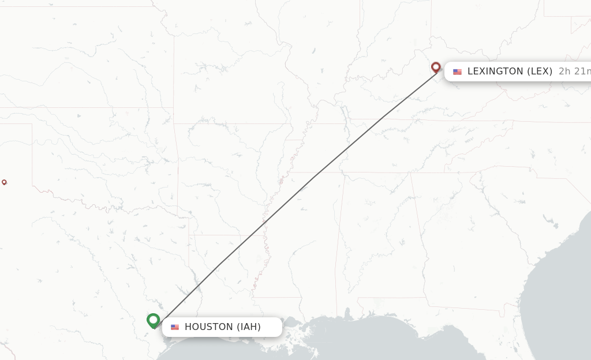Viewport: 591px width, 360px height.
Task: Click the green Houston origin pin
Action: (153, 320)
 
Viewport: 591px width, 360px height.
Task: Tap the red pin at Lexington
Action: (436, 67)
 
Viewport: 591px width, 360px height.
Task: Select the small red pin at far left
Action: (4, 182)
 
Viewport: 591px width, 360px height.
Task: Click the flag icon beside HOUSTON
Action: (175, 327)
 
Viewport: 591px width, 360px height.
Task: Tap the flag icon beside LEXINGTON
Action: (457, 72)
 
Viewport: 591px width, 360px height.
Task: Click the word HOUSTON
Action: (209, 327)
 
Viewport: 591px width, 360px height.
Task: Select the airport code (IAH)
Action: (249, 327)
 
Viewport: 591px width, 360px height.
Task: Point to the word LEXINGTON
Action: (495, 72)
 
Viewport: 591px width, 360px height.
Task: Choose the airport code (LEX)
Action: (540, 72)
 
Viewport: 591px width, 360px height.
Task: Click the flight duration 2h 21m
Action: (574, 72)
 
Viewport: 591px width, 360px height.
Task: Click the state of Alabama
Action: (381, 237)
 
